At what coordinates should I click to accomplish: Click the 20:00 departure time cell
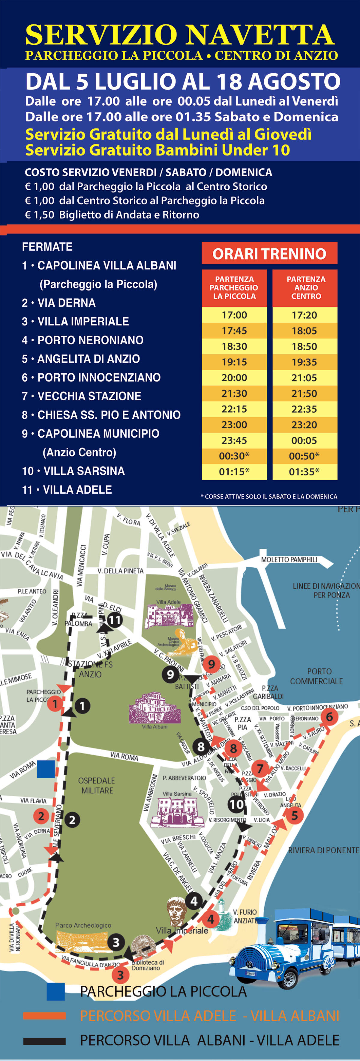(x=234, y=378)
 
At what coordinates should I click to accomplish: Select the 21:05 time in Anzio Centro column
(x=304, y=378)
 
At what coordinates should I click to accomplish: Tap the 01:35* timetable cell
(x=304, y=472)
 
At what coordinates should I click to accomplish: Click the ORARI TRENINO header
(x=269, y=254)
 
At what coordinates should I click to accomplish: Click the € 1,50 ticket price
(x=39, y=215)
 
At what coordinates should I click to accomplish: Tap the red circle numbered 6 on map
(x=329, y=717)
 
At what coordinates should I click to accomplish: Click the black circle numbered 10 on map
(x=236, y=804)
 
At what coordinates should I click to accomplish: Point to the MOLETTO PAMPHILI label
(x=289, y=560)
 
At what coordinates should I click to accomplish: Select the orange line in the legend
(x=44, y=1016)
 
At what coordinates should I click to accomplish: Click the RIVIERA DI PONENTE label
(x=323, y=850)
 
